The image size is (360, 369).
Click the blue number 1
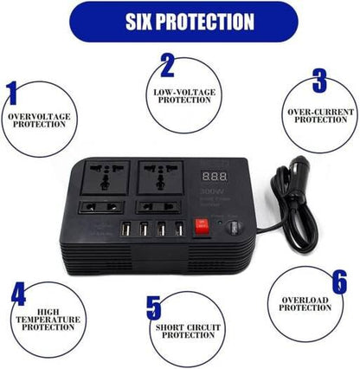pos(11,94)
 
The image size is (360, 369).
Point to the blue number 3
pos(319,81)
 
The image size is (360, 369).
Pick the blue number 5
pos(153,308)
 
